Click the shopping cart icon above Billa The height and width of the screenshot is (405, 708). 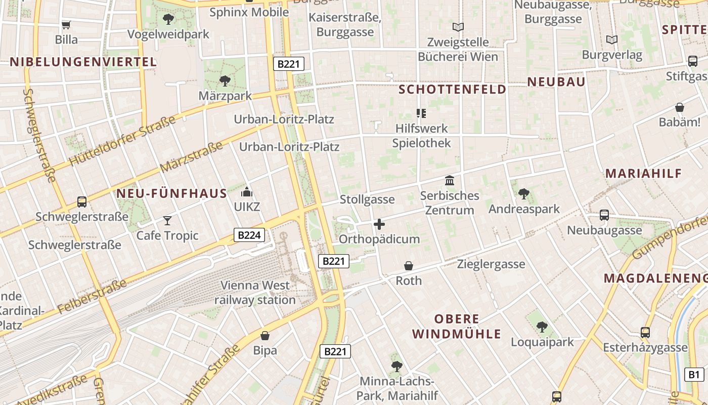tap(66, 25)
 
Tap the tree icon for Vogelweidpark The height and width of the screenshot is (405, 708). tap(168, 20)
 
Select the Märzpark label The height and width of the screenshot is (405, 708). tap(225, 96)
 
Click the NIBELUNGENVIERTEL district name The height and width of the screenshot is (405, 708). tap(83, 62)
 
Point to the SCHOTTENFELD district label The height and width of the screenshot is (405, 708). tap(452, 90)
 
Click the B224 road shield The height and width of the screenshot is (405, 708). tap(249, 235)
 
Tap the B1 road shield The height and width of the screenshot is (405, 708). tap(694, 375)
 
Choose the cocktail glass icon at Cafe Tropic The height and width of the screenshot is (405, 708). tap(167, 220)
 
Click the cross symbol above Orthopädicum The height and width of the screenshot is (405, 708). tap(379, 224)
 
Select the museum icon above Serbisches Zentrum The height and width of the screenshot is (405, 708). tap(450, 180)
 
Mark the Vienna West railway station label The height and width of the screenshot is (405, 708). tap(255, 293)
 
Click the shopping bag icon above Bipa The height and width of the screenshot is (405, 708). tap(265, 335)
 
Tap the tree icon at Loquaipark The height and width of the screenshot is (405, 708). tap(542, 327)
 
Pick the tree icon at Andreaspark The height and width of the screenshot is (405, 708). tap(523, 194)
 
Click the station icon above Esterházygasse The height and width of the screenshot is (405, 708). tap(645, 333)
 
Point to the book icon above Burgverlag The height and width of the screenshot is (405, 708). tap(612, 39)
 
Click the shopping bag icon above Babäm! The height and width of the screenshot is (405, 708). tap(680, 107)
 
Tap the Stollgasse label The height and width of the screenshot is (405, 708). tap(367, 199)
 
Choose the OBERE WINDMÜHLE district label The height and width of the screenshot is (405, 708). tap(457, 327)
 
